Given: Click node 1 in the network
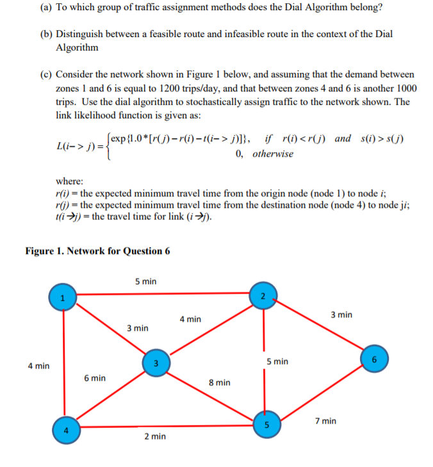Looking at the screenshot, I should click(62, 297).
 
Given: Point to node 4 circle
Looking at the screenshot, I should click(63, 429).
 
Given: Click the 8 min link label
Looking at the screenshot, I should click(220, 383).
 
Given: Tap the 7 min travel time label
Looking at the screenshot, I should click(326, 420).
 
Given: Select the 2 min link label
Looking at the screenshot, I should click(155, 436).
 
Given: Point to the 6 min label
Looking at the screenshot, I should click(95, 378).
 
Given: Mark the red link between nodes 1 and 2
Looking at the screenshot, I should click(160, 295).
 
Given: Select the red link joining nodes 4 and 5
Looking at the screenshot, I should click(163, 426).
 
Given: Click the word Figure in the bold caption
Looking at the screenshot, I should click(42, 251).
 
